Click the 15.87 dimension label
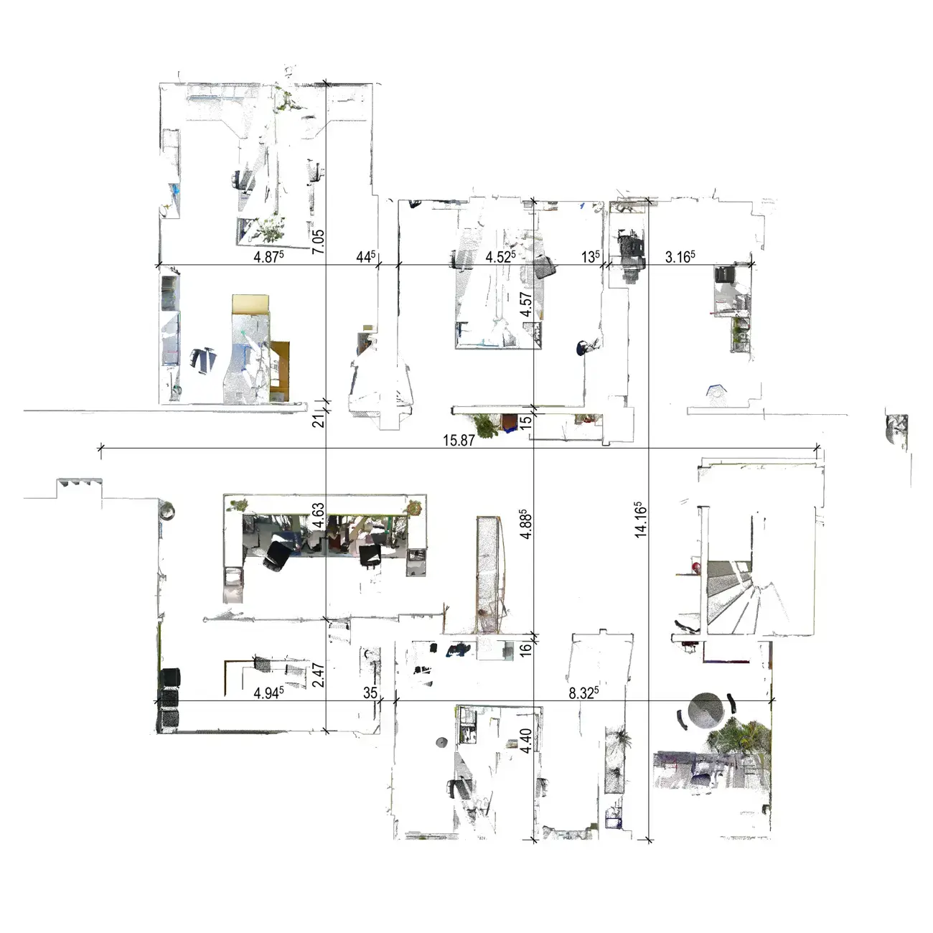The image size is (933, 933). click(459, 440)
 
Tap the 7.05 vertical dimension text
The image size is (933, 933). click(318, 242)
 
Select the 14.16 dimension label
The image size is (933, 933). click(641, 520)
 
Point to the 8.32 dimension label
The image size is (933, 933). click(583, 693)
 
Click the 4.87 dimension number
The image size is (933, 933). click(268, 256)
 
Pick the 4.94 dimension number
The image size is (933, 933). click(268, 693)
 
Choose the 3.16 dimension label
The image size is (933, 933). click(680, 256)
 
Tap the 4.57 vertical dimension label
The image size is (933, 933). click(526, 304)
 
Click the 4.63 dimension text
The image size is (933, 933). click(318, 515)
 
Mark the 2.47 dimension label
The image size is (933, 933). click(318, 675)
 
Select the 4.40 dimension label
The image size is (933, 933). click(526, 741)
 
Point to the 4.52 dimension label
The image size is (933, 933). click(501, 256)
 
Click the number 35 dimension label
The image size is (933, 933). click(370, 693)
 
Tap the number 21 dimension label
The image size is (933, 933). click(318, 421)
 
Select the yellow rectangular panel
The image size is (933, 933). click(250, 304)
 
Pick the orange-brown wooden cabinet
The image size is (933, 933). click(280, 371)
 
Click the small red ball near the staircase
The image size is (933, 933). click(696, 567)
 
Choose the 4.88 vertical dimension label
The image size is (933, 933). click(526, 523)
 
